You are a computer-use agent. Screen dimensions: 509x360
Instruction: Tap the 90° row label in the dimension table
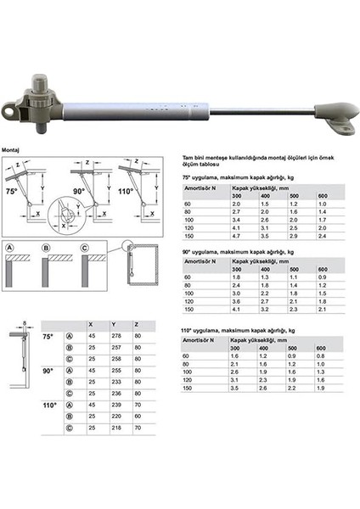coord(48,372)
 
